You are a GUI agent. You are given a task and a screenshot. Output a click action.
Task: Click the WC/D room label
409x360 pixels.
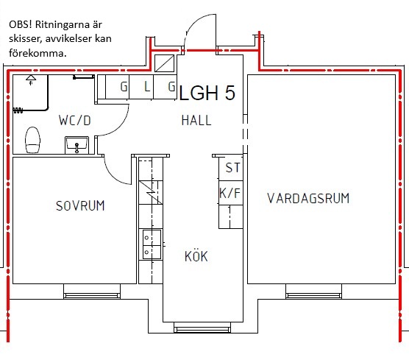pos(75,121)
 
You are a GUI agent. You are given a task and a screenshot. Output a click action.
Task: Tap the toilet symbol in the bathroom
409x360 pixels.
pos(32,140)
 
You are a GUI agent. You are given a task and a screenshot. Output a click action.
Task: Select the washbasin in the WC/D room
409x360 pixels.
pos(77,145)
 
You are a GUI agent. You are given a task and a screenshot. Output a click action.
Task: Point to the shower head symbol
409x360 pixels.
pos(31,79)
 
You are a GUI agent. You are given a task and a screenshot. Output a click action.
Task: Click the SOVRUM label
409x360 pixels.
pos(80,205)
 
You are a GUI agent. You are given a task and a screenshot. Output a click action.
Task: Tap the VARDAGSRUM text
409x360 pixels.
pos(308,198)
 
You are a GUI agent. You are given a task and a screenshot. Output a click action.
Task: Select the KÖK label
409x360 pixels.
pos(196,256)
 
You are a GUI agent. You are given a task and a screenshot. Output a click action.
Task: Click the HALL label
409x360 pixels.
pos(196,120)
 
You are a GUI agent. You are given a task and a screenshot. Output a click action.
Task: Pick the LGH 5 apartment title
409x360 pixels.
pos(207,93)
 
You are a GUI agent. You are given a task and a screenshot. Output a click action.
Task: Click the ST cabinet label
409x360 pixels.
pos(232,168)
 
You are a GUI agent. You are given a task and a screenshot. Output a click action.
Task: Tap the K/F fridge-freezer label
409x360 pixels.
pos(230,193)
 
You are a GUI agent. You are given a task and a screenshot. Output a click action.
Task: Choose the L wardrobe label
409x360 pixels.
pos(147,86)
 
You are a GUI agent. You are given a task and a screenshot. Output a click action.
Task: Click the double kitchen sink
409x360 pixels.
pos(152,244)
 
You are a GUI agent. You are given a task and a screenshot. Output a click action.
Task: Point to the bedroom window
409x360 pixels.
pos(92,295)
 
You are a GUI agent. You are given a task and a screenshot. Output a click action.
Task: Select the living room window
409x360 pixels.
pos(313,295)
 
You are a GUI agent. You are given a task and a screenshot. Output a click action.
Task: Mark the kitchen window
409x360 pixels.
pos(202,330)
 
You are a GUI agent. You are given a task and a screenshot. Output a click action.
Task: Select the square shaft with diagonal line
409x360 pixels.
pos(164,63)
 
